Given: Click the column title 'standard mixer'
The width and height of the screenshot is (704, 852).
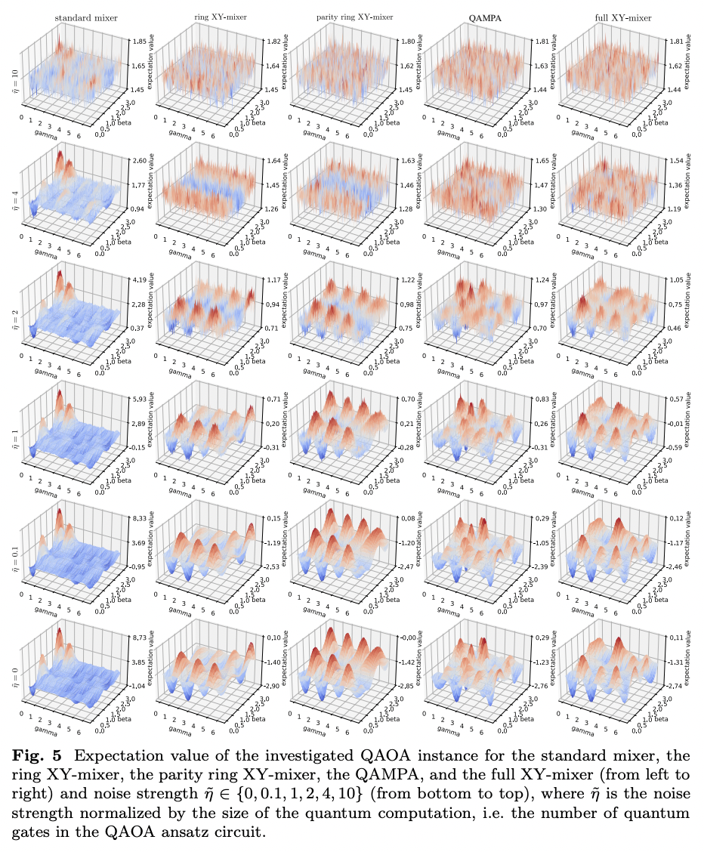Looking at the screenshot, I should click(85, 17).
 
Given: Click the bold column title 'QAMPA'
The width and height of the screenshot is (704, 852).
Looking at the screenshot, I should click(480, 17).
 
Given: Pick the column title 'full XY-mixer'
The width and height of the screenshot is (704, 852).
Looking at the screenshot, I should click(610, 17).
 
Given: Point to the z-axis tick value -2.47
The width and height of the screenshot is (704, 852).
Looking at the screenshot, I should click(402, 566).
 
